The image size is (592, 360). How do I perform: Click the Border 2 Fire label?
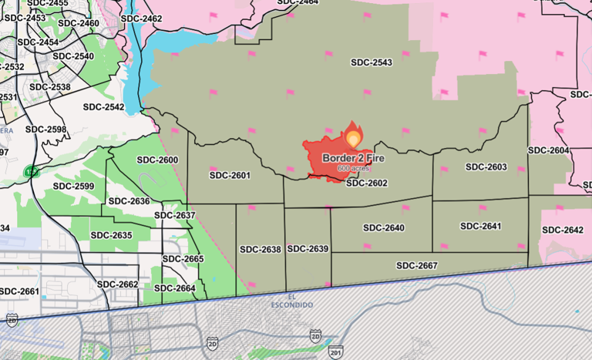coord(344,158)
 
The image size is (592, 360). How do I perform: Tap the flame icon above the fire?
coord(353,136)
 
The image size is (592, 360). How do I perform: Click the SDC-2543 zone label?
coord(371,62)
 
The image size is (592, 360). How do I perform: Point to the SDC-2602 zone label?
coord(366,183)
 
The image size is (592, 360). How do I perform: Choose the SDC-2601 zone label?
coord(230,176)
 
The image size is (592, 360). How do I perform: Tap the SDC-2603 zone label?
coord(486,167)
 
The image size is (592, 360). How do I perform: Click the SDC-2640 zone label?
coord(383,227)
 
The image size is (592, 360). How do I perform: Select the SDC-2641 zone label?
coord(480,226)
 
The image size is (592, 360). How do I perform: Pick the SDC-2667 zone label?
coord(417,265)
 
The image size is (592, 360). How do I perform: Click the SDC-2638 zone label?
coord(261,250)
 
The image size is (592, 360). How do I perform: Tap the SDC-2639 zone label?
coord(308,249)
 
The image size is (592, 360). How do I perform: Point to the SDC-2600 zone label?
coord(157,160)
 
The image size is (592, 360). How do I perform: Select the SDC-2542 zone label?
coord(103,107)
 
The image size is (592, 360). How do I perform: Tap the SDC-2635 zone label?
coord(111,235)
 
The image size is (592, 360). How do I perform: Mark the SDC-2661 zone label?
coord(18,291)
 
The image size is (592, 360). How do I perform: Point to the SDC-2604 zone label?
coord(548,150)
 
